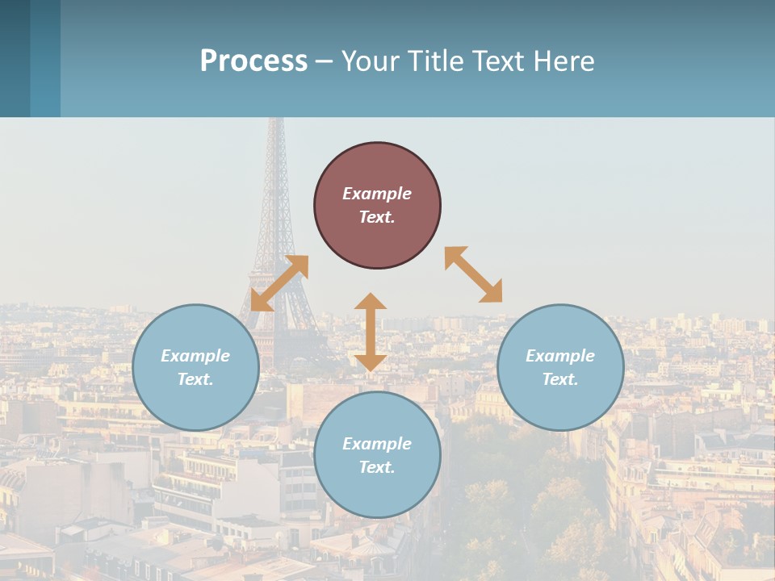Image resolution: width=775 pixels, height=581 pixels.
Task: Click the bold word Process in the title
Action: (x=253, y=61)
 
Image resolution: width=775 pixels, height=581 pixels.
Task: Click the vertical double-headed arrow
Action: (x=371, y=332)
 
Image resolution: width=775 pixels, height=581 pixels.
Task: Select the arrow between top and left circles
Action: (x=279, y=283)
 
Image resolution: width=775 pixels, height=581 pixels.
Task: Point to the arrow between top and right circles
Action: (x=473, y=274)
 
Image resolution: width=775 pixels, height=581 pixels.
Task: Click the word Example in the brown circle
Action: (x=377, y=194)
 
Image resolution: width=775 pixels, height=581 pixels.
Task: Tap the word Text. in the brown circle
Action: (x=377, y=217)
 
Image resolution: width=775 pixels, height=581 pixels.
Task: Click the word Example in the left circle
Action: (x=195, y=356)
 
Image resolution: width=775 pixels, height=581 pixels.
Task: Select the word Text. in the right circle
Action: (x=560, y=379)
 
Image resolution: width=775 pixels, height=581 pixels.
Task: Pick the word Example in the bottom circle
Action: (x=377, y=444)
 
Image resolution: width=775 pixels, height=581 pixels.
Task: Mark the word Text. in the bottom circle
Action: (x=377, y=467)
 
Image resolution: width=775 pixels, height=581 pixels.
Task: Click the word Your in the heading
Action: (x=371, y=61)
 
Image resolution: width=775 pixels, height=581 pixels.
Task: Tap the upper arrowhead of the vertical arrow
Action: (x=371, y=303)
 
